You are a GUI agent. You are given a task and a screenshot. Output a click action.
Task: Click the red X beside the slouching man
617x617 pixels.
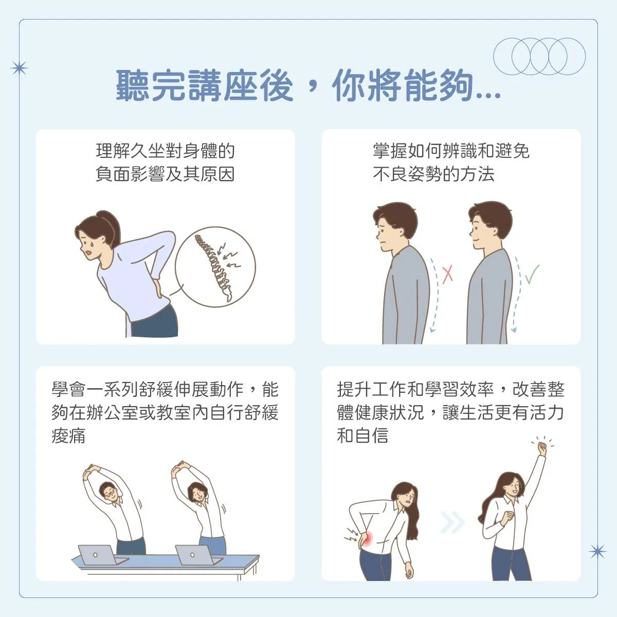448,275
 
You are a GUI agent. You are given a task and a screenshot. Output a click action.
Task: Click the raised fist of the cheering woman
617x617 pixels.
542,447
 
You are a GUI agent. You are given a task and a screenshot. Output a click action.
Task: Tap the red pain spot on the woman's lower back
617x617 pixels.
368,539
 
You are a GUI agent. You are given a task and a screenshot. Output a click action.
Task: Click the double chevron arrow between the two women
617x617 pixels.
452,523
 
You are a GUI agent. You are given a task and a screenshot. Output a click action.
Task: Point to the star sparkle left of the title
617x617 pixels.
19,68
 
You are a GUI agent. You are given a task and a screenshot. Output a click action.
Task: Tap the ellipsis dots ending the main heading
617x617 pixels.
488,95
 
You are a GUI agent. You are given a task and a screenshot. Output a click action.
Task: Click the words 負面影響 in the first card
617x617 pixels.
130,174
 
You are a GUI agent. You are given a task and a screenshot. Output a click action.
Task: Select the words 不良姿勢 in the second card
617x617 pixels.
408,174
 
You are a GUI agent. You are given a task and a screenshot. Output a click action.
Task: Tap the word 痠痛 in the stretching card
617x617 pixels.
68,435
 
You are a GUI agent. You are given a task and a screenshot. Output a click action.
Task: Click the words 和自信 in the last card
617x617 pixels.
363,435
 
